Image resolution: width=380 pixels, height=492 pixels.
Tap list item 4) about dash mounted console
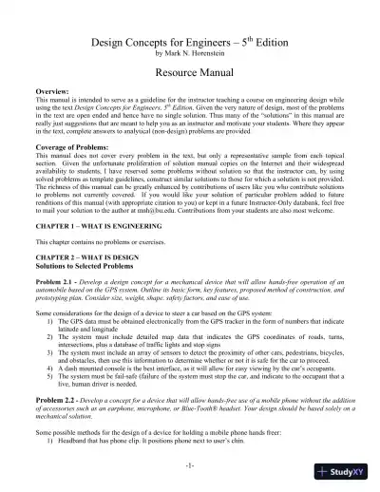(190, 381)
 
